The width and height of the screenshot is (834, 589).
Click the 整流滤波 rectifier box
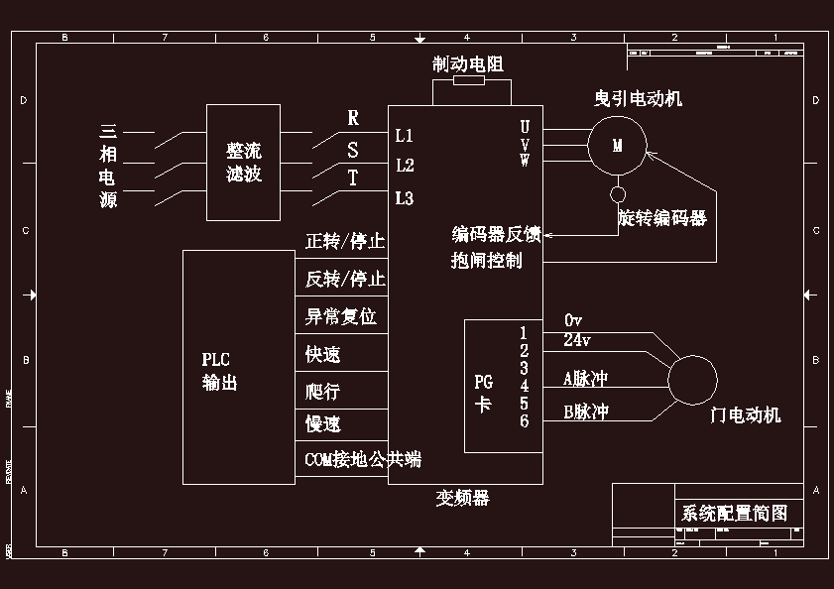coord(243,163)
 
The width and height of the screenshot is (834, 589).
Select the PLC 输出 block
coord(239,367)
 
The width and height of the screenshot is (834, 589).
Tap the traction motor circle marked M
coord(617,146)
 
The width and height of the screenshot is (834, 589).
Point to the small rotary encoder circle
coord(618,194)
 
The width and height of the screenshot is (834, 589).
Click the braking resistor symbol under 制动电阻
coord(468,82)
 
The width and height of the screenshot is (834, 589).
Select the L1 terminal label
coord(405,135)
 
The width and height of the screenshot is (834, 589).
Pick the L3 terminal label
coord(405,198)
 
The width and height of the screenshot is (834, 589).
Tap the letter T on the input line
coord(353,178)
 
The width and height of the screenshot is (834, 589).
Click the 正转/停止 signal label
coord(345,242)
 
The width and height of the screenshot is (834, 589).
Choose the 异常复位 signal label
coord(340,317)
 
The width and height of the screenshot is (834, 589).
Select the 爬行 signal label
coord(323,391)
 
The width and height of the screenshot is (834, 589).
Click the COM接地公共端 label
coord(363,459)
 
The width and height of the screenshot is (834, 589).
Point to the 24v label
coord(577,340)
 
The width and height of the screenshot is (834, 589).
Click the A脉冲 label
coord(585,378)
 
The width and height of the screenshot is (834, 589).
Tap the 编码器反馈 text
coord(496,235)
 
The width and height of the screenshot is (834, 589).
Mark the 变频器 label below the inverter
coord(463,497)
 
